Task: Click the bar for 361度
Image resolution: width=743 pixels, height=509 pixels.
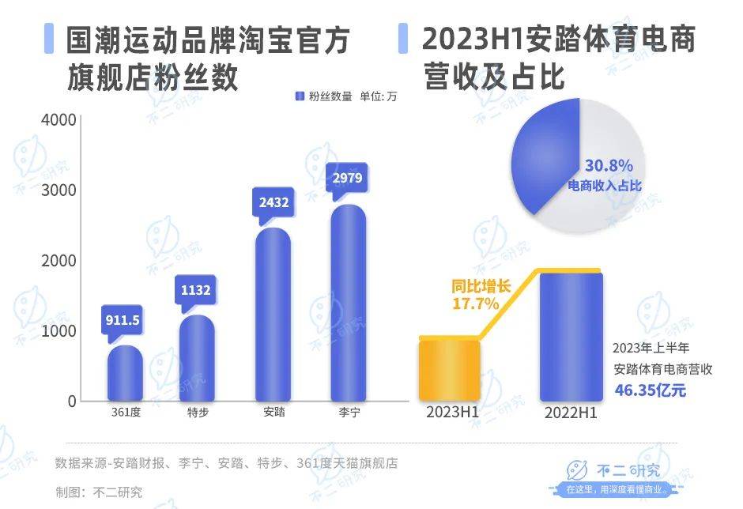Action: coord(125,373)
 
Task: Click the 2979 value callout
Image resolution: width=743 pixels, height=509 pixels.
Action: coord(347,178)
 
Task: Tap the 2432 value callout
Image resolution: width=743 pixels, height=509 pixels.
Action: coord(273,202)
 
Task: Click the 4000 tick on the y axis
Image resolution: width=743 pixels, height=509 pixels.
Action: coord(60,120)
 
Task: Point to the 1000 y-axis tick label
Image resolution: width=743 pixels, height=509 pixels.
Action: coord(60,330)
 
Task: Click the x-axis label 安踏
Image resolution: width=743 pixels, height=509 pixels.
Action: coord(274,413)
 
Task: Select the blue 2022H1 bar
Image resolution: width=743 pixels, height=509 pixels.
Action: coord(570,335)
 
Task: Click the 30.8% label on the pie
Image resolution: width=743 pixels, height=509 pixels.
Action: coord(609,166)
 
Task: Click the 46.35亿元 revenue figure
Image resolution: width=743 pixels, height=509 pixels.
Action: coord(651,390)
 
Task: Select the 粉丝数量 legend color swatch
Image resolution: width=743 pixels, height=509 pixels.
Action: coord(300,96)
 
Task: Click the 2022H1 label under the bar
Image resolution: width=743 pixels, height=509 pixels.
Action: coord(571,413)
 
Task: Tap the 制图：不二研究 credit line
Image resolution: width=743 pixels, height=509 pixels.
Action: coord(99,491)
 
